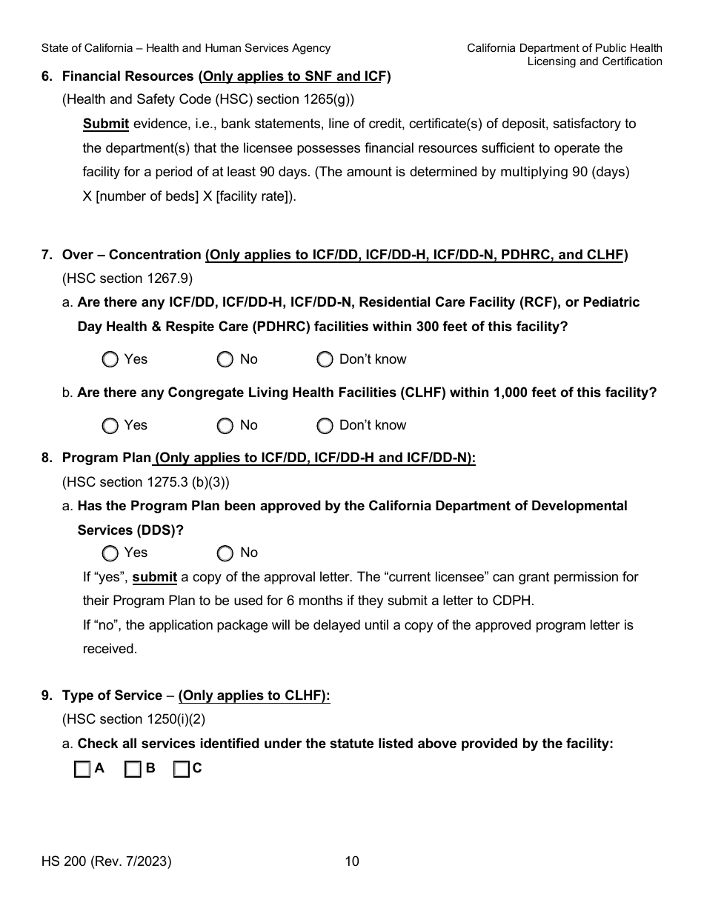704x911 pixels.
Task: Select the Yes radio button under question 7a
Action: coord(110,360)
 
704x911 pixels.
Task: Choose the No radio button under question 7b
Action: coord(225,426)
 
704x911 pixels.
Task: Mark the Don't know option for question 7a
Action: coord(325,360)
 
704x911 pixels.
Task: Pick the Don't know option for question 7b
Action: coord(325,426)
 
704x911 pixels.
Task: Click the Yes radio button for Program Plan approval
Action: coord(110,553)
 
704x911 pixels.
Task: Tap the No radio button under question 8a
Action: coord(225,553)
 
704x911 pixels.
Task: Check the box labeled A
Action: coord(82,770)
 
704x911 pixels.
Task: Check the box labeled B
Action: coord(133,770)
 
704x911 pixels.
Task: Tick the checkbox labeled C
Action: coord(182,770)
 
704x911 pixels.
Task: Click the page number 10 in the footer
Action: coord(352,861)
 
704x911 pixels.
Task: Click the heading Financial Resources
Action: coord(128,76)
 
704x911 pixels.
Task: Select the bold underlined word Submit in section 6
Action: coord(106,124)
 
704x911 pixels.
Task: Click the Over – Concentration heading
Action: coord(132,255)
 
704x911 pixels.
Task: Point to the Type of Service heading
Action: coord(112,695)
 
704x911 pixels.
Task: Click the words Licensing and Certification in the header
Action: coord(594,61)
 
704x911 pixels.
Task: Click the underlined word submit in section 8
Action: coord(155,577)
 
